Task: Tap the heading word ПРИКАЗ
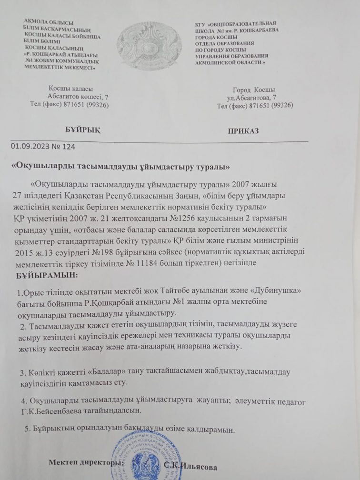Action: pyautogui.click(x=243, y=131)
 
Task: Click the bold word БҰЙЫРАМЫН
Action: pyautogui.click(x=46, y=276)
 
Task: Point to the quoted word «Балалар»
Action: pyautogui.click(x=110, y=371)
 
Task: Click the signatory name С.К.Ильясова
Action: pyautogui.click(x=193, y=466)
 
